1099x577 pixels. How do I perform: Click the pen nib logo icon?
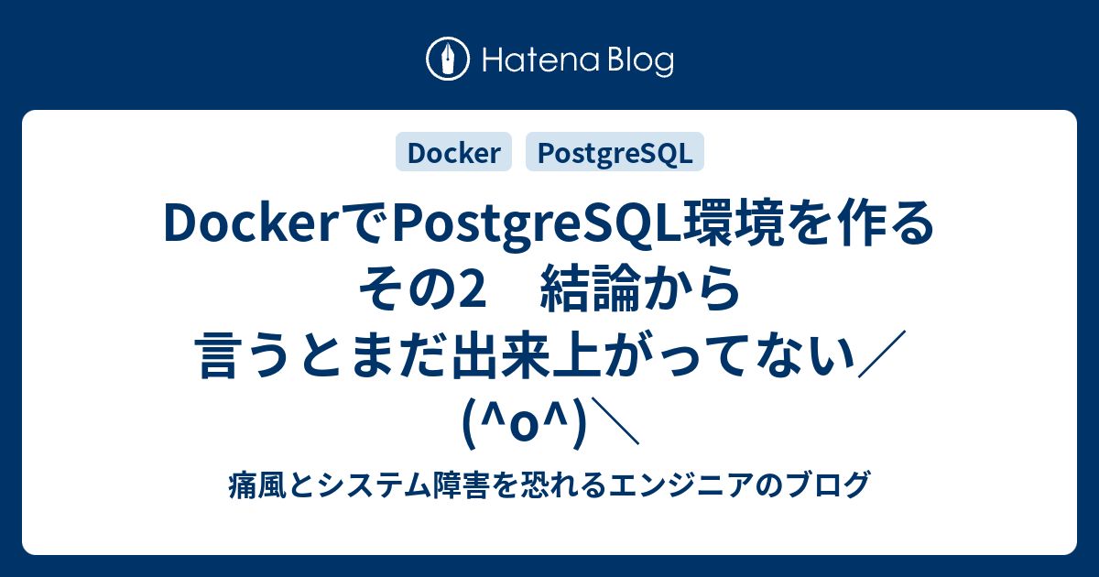448,59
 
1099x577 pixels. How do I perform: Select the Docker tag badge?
454,152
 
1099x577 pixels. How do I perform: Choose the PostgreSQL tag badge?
615,152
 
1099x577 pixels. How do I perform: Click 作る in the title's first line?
886,223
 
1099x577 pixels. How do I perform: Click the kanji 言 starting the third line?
219,354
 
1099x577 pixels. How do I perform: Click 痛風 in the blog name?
257,485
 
